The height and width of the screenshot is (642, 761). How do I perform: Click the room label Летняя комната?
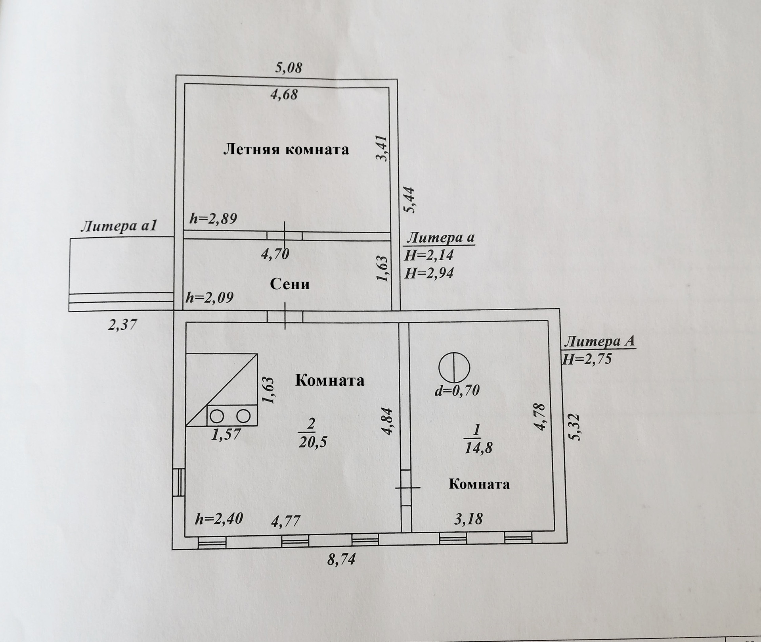pyautogui.click(x=286, y=150)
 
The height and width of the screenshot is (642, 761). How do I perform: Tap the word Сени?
pyautogui.click(x=290, y=284)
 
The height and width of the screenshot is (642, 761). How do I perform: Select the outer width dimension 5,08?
pyautogui.click(x=289, y=67)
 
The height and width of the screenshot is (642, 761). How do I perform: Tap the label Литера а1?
pyautogui.click(x=119, y=226)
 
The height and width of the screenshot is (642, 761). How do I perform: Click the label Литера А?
pyautogui.click(x=600, y=341)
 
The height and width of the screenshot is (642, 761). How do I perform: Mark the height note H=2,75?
pyautogui.click(x=587, y=359)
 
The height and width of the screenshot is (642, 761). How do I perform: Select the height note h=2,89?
pyautogui.click(x=213, y=218)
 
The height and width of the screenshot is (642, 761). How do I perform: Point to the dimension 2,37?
pyautogui.click(x=122, y=325)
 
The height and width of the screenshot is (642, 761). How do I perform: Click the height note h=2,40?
pyautogui.click(x=219, y=519)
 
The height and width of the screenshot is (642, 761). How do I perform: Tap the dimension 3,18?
pyautogui.click(x=468, y=519)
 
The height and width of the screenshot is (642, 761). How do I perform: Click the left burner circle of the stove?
pyautogui.click(x=217, y=416)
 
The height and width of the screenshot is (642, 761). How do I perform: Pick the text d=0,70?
pyautogui.click(x=457, y=390)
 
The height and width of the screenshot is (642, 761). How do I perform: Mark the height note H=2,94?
pyautogui.click(x=429, y=273)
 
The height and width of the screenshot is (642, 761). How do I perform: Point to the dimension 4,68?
pyautogui.click(x=284, y=94)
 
